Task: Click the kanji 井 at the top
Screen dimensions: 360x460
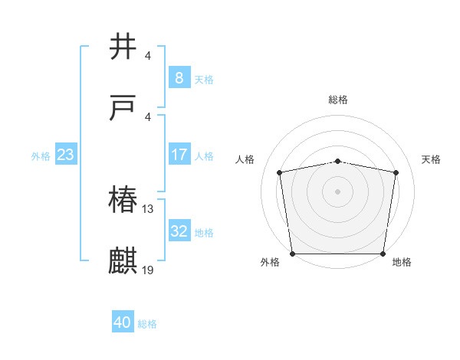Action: tap(123, 47)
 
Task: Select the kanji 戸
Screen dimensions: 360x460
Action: tap(123, 109)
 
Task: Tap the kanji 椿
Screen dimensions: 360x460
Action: tap(123, 201)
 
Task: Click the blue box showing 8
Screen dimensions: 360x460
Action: tap(179, 78)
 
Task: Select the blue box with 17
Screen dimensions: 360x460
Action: tap(179, 155)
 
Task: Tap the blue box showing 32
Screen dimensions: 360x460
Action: tap(179, 231)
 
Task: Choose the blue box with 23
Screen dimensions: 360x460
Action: tap(65, 155)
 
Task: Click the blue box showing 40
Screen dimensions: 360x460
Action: tap(123, 322)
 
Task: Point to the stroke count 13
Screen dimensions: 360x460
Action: tap(149, 209)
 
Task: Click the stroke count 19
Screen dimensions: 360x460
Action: tap(149, 270)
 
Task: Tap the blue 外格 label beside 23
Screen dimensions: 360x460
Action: tap(41, 156)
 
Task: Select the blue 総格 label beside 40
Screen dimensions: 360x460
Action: tap(147, 324)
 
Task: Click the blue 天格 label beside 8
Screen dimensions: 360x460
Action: tap(204, 80)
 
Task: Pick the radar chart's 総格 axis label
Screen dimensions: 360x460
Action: tap(338, 100)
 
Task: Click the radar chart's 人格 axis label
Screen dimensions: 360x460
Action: tap(245, 159)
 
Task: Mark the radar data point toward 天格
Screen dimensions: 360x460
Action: tap(396, 172)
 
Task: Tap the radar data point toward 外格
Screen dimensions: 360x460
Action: tap(292, 254)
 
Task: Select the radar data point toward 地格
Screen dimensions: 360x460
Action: tap(383, 254)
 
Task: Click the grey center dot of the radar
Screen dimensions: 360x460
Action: tap(338, 191)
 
